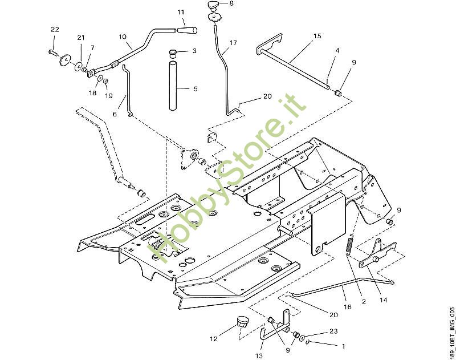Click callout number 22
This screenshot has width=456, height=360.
55,30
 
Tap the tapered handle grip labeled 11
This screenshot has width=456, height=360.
187,30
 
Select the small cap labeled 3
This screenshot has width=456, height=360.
173,54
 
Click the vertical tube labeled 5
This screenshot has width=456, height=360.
173,86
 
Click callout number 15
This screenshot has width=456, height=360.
317,36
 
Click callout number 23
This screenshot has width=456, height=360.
333,331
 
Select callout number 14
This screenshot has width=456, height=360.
383,300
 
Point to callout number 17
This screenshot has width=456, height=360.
233,43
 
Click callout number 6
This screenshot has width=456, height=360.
115,114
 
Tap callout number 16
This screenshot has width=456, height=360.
347,307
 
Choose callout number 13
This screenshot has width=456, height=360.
259,355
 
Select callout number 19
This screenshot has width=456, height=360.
108,96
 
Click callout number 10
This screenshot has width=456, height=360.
123,37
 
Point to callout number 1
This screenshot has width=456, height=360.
343,346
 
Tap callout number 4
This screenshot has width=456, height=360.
337,51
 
